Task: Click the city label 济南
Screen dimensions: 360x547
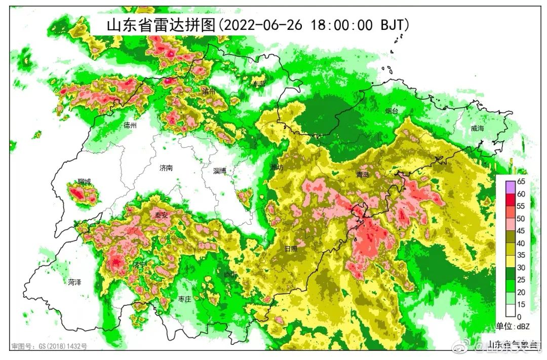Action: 166,168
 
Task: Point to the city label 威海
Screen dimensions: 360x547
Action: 477,129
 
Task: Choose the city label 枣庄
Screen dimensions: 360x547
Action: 184,299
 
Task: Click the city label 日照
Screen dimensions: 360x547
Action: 291,249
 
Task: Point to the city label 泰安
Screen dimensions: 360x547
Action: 161,215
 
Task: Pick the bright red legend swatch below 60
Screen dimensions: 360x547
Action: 507,199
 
